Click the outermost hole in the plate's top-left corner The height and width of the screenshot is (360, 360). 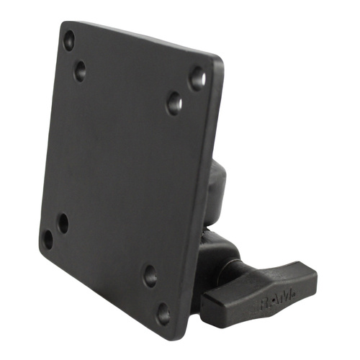[x=69, y=40]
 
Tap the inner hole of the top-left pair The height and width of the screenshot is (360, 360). [x=79, y=71]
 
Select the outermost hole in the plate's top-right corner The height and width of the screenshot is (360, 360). [x=197, y=77]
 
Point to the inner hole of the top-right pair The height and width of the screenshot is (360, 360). [x=174, y=103]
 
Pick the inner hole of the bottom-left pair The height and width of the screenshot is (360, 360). [x=63, y=222]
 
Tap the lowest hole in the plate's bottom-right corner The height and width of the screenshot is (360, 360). [x=163, y=313]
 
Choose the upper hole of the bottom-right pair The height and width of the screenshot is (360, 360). [x=150, y=275]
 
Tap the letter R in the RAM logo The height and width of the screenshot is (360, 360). [x=265, y=297]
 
